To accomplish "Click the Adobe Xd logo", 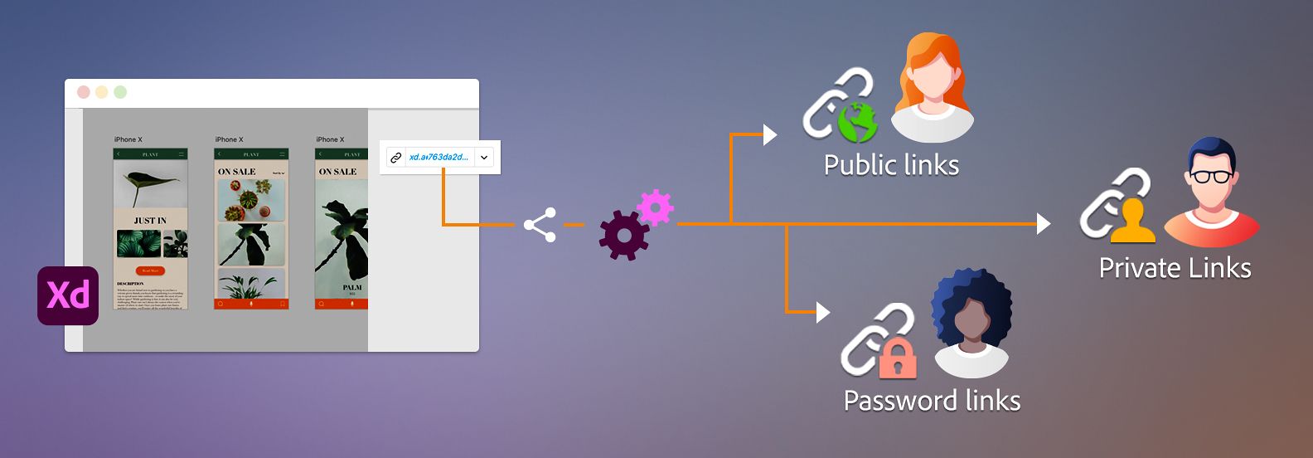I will click(x=68, y=295).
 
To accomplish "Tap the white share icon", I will click(x=540, y=225).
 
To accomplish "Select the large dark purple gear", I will click(x=623, y=236).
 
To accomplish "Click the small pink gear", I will click(x=655, y=207).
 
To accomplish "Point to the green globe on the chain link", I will click(x=857, y=123).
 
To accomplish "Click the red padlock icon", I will click(x=897, y=358).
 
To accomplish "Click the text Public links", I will click(x=891, y=165).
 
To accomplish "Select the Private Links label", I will click(x=1175, y=268).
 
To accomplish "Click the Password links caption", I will click(x=932, y=401).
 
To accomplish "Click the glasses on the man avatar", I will click(x=1211, y=176).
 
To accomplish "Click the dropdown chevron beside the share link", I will click(x=484, y=158).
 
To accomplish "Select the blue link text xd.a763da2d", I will click(x=438, y=157).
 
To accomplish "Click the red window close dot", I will click(x=83, y=92).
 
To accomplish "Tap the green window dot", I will click(x=120, y=92).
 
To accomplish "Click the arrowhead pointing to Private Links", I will click(x=1044, y=224).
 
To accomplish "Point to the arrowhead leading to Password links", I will click(x=822, y=312).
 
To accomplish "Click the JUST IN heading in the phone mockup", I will click(x=150, y=221).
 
